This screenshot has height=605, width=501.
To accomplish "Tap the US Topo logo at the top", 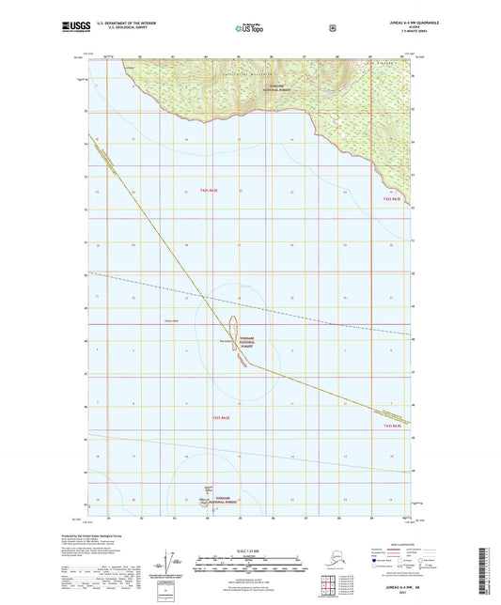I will click(x=250, y=28).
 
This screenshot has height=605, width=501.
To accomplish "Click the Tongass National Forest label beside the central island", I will click(x=246, y=344).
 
